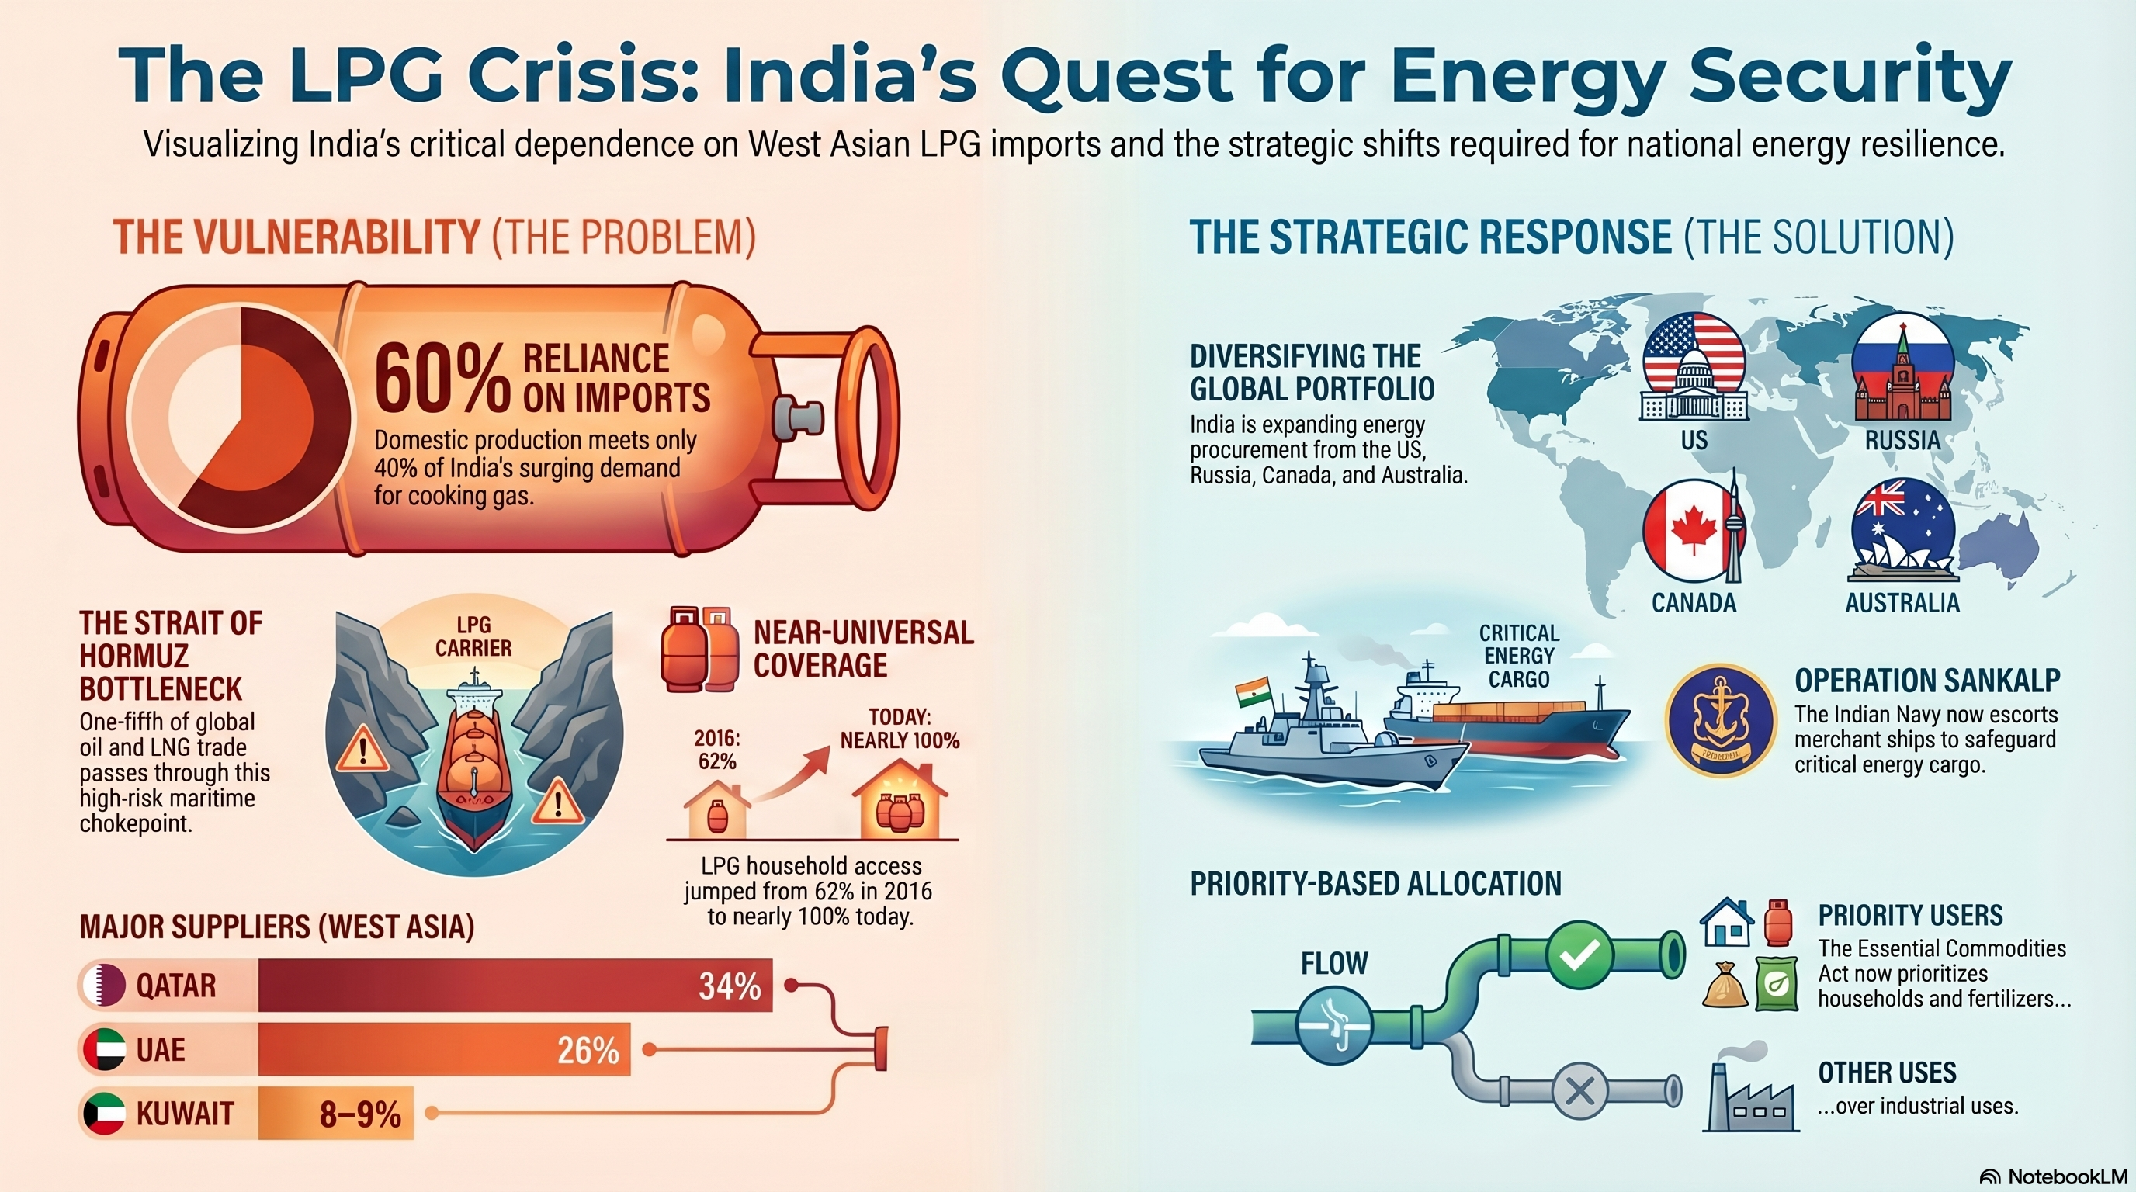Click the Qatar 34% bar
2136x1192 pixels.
(514, 986)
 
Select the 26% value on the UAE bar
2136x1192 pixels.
(588, 1050)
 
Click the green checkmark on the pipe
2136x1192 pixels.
(1579, 956)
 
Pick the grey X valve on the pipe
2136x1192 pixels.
(1579, 1091)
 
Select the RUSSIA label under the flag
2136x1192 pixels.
(1902, 440)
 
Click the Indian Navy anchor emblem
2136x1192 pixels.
(1721, 719)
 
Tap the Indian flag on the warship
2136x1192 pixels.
(1252, 691)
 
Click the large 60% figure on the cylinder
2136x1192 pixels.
(441, 379)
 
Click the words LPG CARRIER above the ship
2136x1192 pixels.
(473, 636)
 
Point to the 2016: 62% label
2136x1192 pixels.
(717, 750)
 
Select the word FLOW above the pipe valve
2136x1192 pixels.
(1334, 963)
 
